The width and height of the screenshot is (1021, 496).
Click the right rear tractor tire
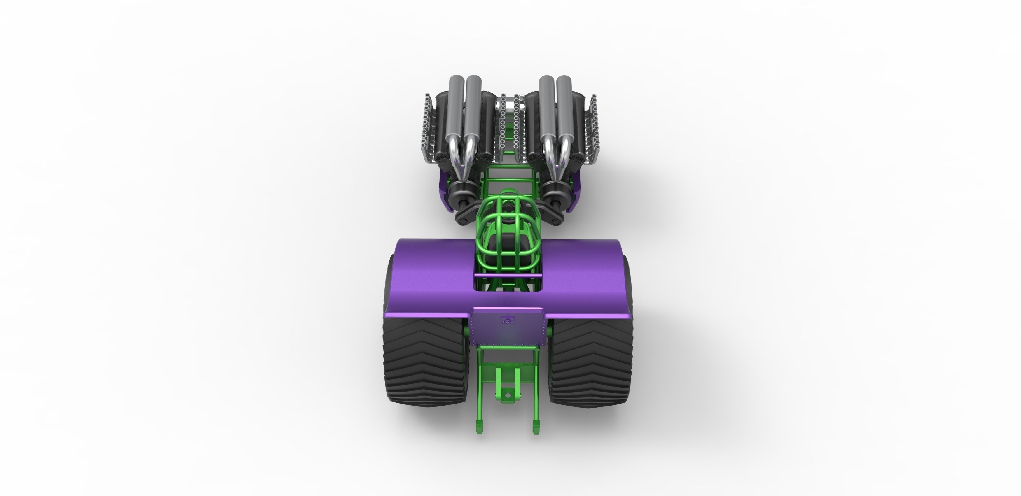[590, 364]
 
